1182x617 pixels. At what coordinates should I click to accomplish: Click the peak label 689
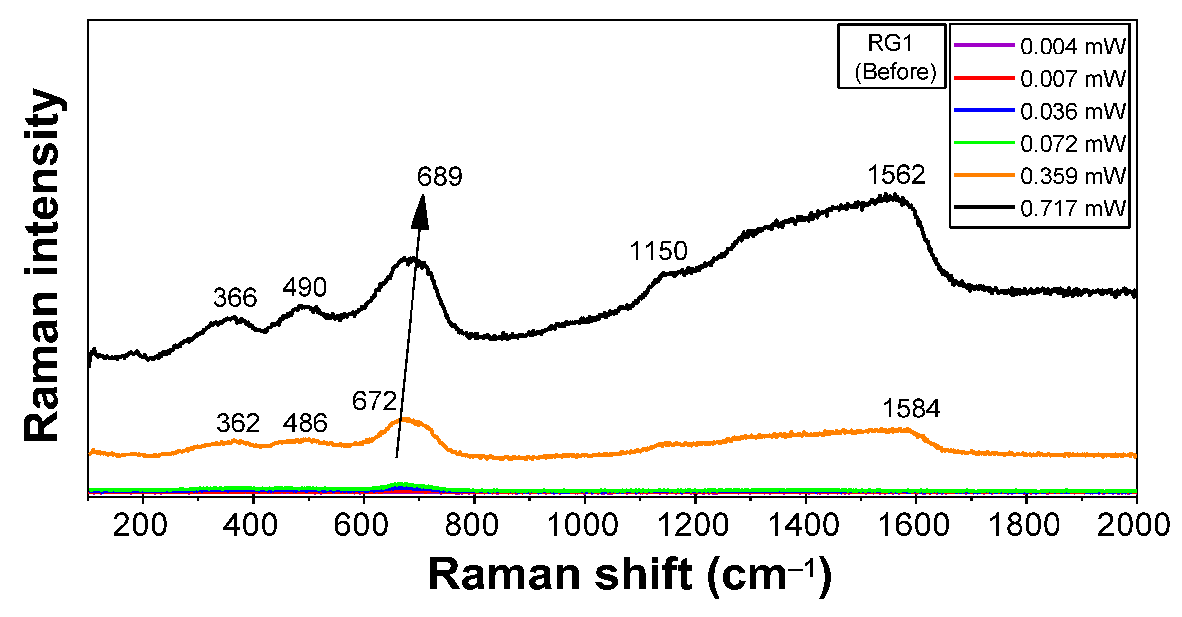click(x=439, y=177)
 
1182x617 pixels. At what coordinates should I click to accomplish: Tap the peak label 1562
click(x=896, y=175)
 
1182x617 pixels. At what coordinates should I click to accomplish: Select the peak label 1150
click(x=658, y=251)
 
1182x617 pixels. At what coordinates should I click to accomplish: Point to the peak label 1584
click(x=911, y=409)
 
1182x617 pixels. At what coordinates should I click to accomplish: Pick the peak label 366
click(x=234, y=298)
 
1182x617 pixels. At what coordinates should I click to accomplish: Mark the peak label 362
click(x=238, y=423)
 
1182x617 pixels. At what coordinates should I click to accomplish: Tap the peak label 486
click(x=305, y=423)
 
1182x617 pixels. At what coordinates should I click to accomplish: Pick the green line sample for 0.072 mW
click(x=984, y=143)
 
